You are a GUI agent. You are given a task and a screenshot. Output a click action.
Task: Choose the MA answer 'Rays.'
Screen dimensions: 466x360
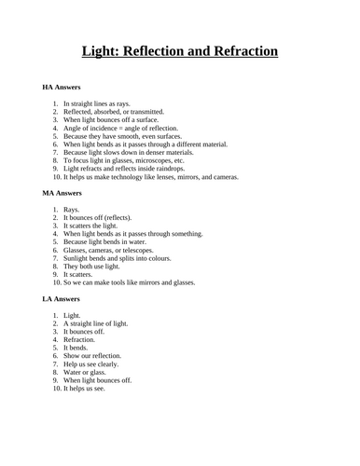(72, 210)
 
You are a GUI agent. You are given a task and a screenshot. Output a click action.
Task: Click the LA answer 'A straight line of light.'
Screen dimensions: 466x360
(98, 324)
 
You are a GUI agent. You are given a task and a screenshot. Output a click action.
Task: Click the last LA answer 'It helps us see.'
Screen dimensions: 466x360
(84, 389)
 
